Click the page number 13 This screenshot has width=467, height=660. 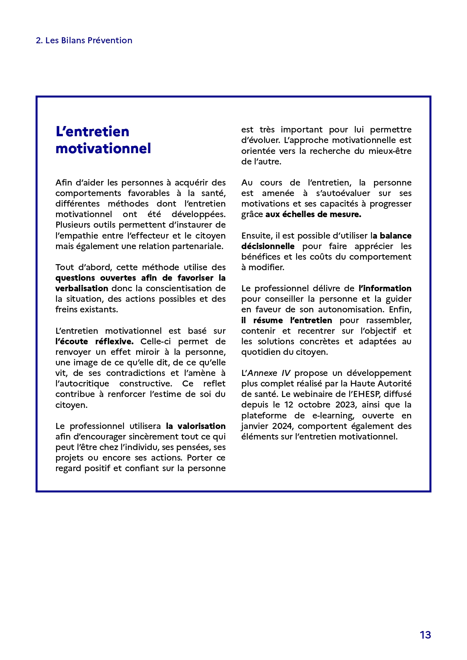click(425, 635)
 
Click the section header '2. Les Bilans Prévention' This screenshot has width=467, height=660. click(84, 41)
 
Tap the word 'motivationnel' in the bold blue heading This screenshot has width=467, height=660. click(103, 149)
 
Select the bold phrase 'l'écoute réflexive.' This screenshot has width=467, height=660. click(94, 342)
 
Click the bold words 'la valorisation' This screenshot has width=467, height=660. click(196, 426)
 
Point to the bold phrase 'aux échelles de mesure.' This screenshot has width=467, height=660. click(313, 214)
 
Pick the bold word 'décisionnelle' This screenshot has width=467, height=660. click(268, 246)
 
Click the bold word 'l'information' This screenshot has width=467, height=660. click(385, 289)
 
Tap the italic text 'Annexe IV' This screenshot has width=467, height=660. click(269, 373)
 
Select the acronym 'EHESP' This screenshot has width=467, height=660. click(367, 394)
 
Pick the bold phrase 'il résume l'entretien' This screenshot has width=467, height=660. click(287, 321)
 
